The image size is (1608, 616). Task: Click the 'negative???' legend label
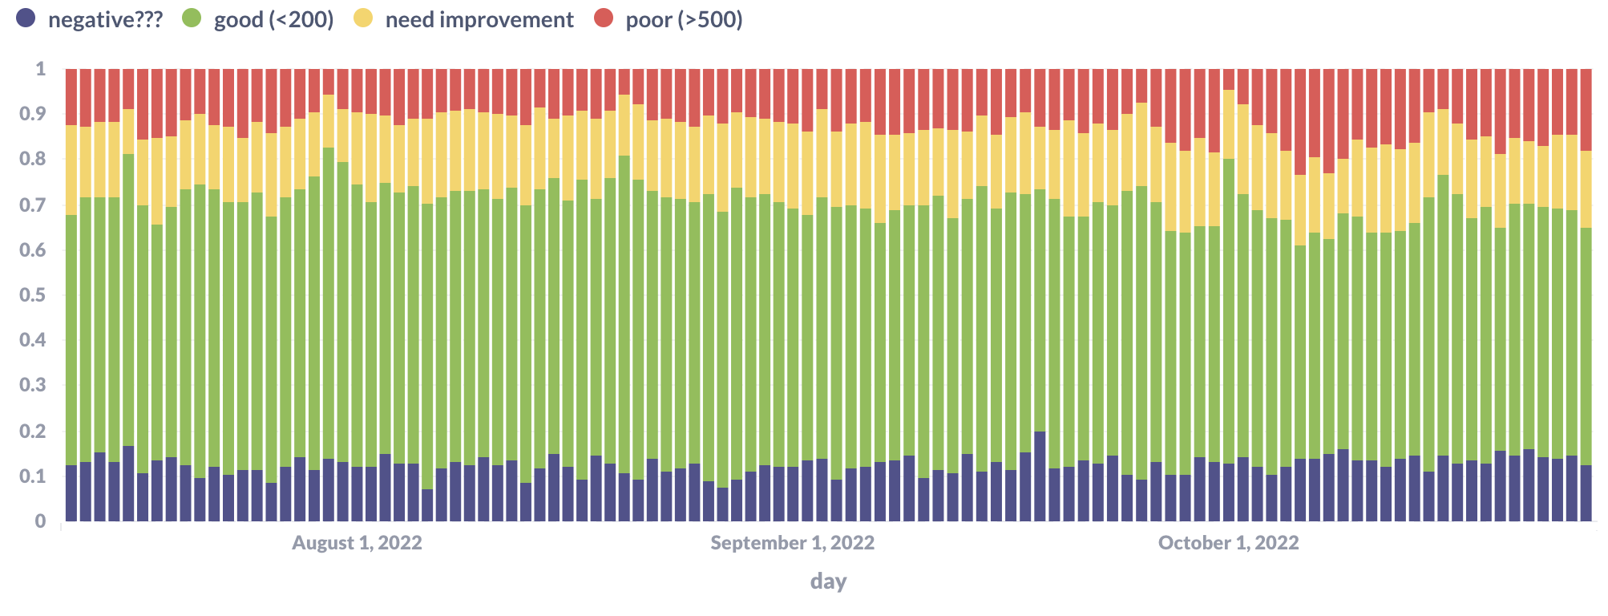tap(105, 20)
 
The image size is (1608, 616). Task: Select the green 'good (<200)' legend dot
tap(192, 18)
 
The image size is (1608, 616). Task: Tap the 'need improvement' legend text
tap(479, 20)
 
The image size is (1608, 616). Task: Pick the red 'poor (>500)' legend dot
tap(604, 18)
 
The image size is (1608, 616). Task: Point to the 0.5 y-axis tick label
tap(33, 295)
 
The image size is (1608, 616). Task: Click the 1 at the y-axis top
tap(41, 69)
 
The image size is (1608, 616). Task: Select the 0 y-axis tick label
tap(41, 521)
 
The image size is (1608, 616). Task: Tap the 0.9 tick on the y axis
tap(33, 114)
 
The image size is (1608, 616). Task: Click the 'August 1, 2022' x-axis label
tap(357, 543)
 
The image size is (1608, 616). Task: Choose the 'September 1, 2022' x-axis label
tap(792, 543)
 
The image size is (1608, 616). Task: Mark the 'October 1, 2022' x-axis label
tap(1228, 543)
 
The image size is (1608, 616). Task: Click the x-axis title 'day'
tap(828, 582)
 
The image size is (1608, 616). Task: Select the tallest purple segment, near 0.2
tap(1040, 477)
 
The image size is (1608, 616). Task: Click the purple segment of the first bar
tap(71, 493)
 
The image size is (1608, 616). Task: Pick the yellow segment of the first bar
tap(71, 170)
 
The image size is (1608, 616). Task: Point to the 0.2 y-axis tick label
tap(33, 431)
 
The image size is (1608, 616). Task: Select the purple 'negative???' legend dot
tap(26, 18)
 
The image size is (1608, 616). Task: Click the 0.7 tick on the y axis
tap(33, 205)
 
